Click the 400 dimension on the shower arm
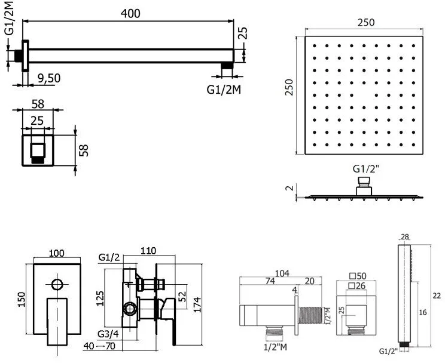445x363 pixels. pos(130,13)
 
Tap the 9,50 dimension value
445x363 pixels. pos(49,78)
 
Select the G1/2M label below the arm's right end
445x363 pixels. pos(224,90)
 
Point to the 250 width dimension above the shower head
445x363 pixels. pos(366,22)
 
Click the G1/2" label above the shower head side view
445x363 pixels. pos(366,169)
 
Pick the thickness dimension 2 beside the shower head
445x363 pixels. pos(289,188)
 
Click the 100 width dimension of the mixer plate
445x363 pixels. pos(56,253)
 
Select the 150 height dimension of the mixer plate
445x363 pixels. pos(22,299)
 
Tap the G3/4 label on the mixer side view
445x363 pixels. pos(108,334)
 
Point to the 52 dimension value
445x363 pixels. pos(182,297)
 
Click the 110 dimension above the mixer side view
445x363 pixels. pos(148,251)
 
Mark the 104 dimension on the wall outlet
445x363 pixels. pos(282,273)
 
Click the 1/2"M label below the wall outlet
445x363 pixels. pos(275,347)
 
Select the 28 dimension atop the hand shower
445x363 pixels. pos(405,237)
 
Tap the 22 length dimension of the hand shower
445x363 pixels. pos(437,296)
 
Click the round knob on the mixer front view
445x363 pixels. pos(57,284)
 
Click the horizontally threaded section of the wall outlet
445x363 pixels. pos(310,315)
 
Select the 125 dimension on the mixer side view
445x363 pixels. pos(100,299)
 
